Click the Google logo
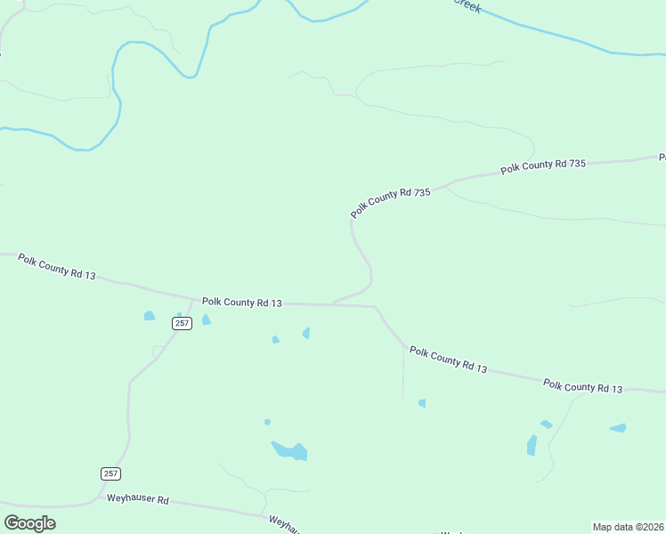click(29, 522)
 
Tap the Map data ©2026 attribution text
click(628, 527)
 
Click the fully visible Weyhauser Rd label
click(138, 500)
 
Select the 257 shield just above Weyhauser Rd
click(110, 473)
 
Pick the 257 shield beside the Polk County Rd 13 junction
click(182, 323)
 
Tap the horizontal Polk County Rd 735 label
click(542, 166)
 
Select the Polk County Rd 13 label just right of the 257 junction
click(241, 303)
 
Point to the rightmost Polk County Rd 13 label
click(583, 386)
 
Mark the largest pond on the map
click(290, 450)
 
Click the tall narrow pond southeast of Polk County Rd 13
click(532, 445)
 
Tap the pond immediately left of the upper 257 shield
click(150, 316)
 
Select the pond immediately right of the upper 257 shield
click(207, 320)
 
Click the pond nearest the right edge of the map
click(618, 428)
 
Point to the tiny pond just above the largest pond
click(267, 422)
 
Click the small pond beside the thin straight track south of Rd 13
click(422, 403)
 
